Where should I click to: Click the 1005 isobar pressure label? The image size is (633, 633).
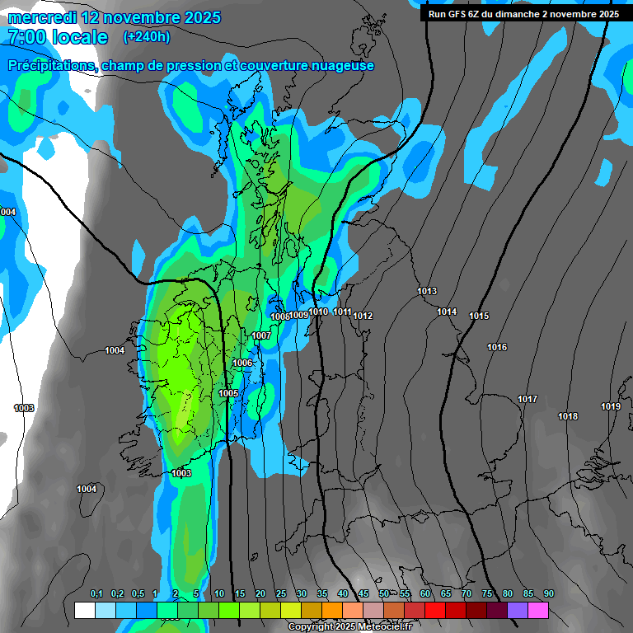click(x=228, y=393)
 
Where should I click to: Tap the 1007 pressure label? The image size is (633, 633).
click(x=261, y=335)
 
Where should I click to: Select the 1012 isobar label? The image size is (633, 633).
click(x=363, y=316)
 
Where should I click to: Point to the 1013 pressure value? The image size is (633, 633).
click(x=427, y=291)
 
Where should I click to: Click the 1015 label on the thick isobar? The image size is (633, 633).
click(x=479, y=316)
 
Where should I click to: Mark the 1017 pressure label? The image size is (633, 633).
click(x=527, y=399)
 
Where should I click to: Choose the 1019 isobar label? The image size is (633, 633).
click(x=610, y=406)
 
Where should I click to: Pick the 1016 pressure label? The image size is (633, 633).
click(x=497, y=347)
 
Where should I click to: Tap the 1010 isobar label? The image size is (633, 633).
click(x=319, y=312)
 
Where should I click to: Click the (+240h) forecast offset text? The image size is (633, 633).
click(x=147, y=36)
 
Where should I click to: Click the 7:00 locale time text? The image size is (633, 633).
click(x=58, y=37)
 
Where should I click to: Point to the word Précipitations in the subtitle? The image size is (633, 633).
click(x=51, y=65)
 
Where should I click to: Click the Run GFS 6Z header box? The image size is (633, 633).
click(x=523, y=13)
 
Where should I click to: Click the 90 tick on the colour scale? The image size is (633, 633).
click(x=548, y=593)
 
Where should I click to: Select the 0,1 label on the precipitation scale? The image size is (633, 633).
click(x=96, y=593)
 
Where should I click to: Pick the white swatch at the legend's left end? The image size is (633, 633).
click(x=84, y=610)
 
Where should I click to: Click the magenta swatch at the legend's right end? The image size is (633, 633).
click(x=538, y=610)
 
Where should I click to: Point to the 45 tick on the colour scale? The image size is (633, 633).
click(x=363, y=593)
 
